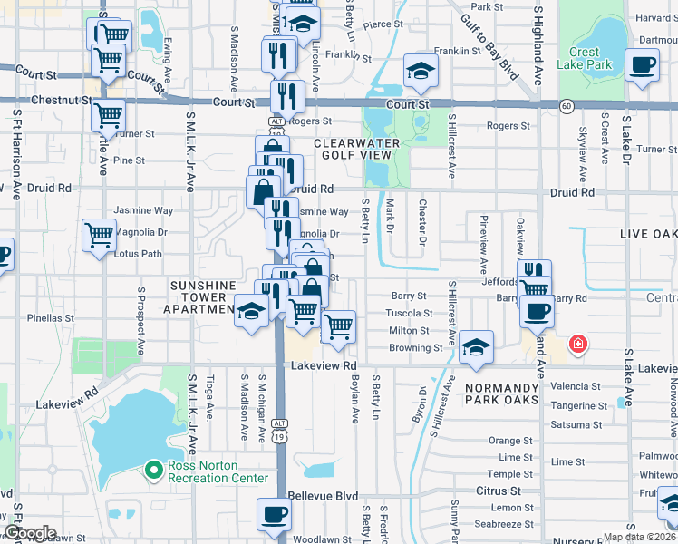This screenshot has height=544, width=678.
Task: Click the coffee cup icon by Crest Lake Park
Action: tap(643, 66)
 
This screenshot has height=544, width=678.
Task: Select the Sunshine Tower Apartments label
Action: tap(203, 297)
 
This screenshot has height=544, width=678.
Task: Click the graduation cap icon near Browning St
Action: tap(476, 347)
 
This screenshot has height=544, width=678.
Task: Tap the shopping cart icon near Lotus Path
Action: tap(99, 236)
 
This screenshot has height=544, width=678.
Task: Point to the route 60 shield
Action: tap(566, 107)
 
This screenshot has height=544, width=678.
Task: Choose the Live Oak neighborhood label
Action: tap(647, 235)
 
